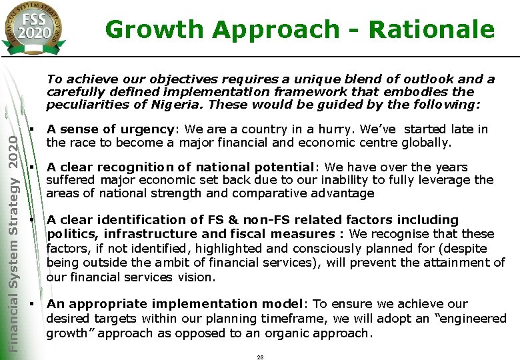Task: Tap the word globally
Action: pyautogui.click(x=427, y=142)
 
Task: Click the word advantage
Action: pyautogui.click(x=341, y=193)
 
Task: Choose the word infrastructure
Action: pyautogui.click(x=149, y=234)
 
